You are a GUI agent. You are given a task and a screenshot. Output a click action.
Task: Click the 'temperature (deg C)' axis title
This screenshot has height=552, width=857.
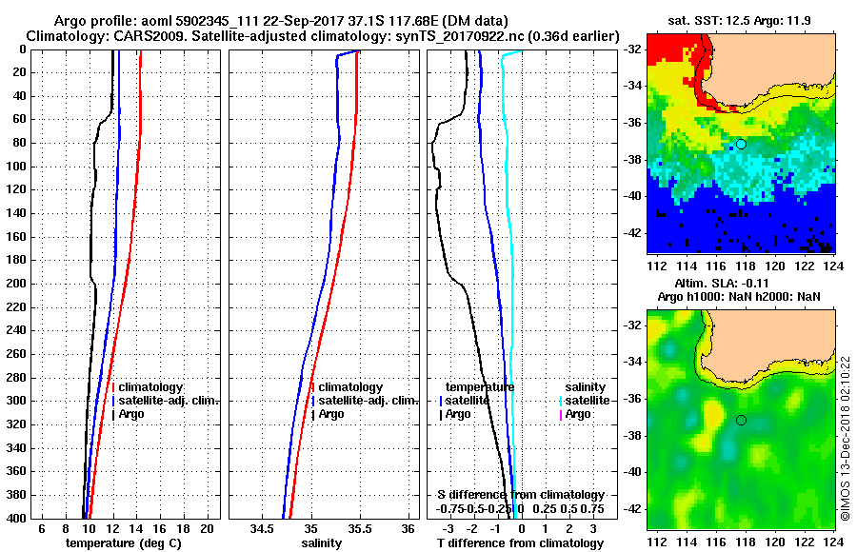(x=123, y=543)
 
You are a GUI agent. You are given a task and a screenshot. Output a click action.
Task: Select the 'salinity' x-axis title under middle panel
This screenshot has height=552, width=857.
(x=323, y=543)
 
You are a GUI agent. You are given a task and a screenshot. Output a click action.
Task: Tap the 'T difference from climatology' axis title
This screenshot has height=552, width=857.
(x=520, y=543)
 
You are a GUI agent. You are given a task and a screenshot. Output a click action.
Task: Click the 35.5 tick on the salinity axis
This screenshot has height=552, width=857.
(x=359, y=528)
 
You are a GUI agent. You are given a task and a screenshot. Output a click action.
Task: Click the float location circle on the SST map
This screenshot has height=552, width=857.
(x=741, y=144)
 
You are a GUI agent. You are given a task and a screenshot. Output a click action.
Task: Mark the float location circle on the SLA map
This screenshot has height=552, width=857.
(x=741, y=420)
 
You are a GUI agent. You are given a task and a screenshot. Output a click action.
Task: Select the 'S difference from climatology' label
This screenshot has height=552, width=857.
(x=521, y=495)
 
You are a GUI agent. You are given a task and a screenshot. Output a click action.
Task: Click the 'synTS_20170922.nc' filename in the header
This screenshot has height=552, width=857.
(x=508, y=35)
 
